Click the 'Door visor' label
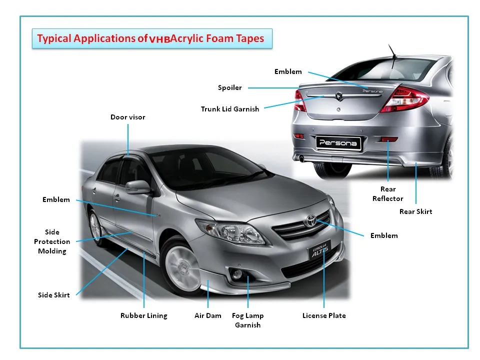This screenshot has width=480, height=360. (127, 117)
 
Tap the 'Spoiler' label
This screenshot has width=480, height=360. (229, 87)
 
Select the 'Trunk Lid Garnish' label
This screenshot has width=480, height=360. (230, 109)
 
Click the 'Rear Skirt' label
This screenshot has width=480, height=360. (415, 211)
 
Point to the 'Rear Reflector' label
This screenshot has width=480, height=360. (388, 194)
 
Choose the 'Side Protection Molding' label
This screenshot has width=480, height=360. (52, 241)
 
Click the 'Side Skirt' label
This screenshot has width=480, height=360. (54, 295)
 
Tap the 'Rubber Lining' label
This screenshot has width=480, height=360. (144, 315)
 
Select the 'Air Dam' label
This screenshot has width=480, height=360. (208, 315)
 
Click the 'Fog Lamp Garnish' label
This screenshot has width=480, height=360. (247, 320)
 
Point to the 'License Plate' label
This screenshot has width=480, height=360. (324, 315)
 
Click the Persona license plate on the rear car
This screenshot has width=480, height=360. (338, 143)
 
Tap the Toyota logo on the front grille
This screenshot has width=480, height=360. (311, 220)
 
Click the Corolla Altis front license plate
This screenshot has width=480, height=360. (320, 250)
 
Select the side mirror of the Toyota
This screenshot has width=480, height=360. (138, 186)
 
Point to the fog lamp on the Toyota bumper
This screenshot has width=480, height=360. (236, 274)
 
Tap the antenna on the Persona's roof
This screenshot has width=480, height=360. (392, 51)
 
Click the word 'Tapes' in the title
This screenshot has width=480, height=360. (250, 38)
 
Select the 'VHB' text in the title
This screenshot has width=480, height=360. (159, 39)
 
